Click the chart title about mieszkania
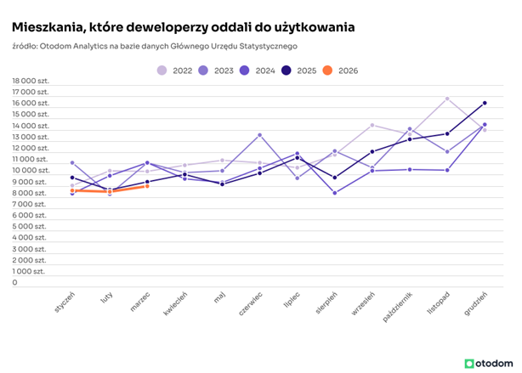[183, 27]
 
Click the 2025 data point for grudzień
[485, 103]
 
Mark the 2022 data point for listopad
[447, 99]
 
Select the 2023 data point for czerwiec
[260, 135]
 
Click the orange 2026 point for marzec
[147, 186]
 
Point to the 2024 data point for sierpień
[335, 193]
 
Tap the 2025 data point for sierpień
[335, 178]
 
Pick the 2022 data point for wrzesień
[372, 125]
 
